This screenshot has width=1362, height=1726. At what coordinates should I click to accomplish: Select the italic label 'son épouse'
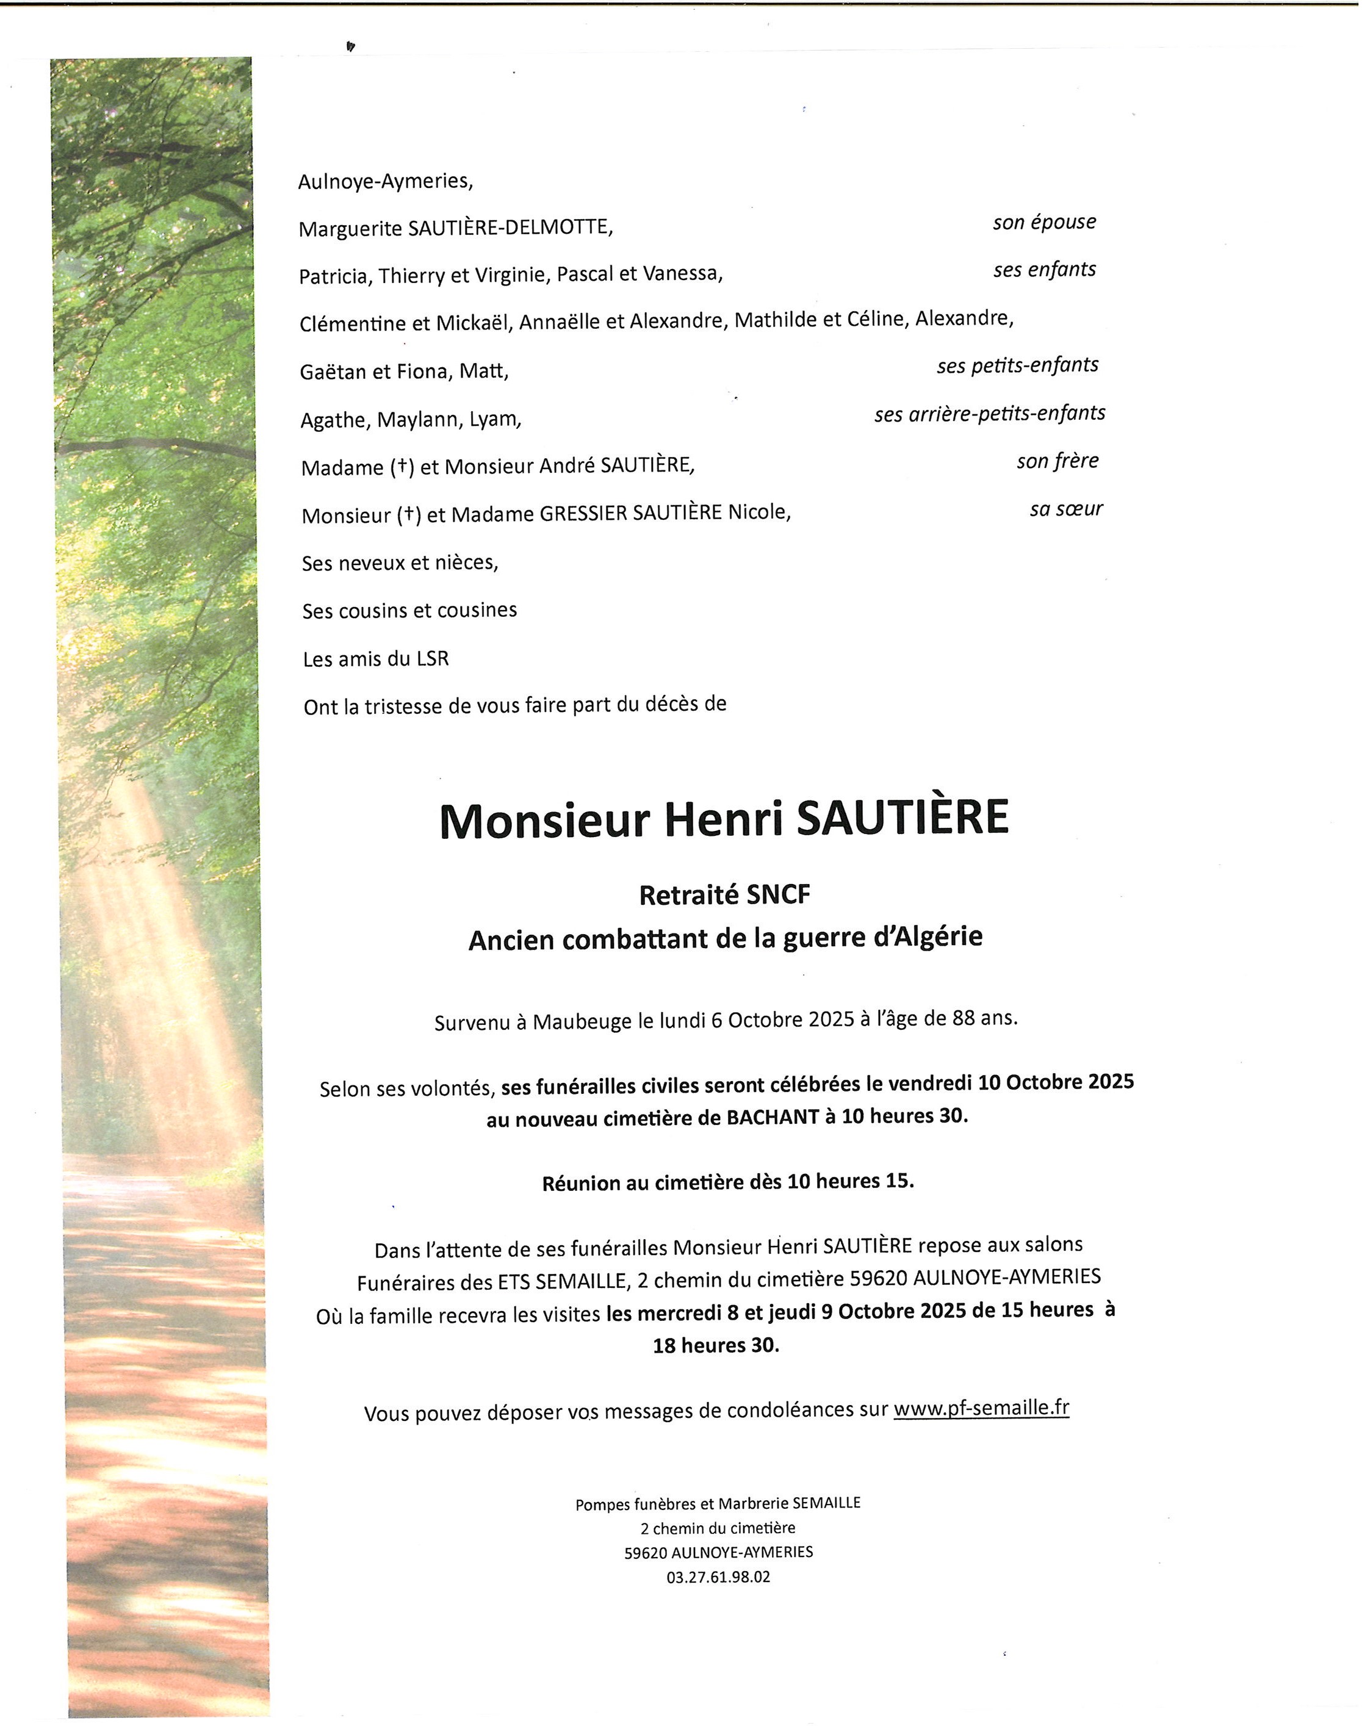tap(1044, 223)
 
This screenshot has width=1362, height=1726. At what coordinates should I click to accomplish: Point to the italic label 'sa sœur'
tap(1065, 509)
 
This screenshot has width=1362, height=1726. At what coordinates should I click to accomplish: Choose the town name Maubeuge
tap(582, 1022)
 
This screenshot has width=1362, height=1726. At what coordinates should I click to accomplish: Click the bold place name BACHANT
tap(772, 1118)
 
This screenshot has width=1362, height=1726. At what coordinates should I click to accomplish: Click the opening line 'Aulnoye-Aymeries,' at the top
tap(385, 182)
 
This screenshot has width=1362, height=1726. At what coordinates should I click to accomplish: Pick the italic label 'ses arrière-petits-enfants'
tap(990, 414)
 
